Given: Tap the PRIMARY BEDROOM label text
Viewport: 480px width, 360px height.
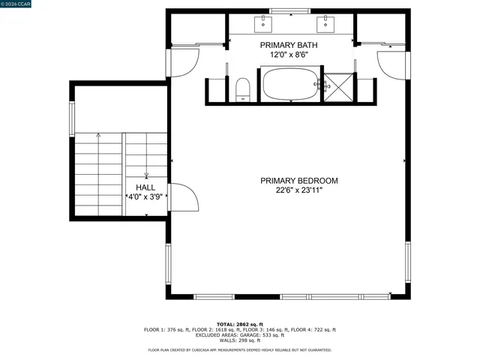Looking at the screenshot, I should (x=298, y=181).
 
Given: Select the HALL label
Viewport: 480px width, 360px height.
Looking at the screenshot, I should (x=145, y=187).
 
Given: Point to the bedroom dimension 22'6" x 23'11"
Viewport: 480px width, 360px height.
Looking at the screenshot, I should (x=298, y=190).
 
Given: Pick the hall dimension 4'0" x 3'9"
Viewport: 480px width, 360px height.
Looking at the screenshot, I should (x=145, y=197).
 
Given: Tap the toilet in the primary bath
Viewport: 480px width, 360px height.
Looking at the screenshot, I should (x=242, y=89).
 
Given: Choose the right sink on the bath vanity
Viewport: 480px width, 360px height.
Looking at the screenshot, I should (x=326, y=24).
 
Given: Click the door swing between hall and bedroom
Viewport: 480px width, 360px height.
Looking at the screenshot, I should (x=183, y=199).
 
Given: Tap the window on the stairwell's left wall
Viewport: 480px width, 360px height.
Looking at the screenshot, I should (x=73, y=117).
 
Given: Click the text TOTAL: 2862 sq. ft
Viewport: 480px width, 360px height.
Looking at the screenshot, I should (x=240, y=324).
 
